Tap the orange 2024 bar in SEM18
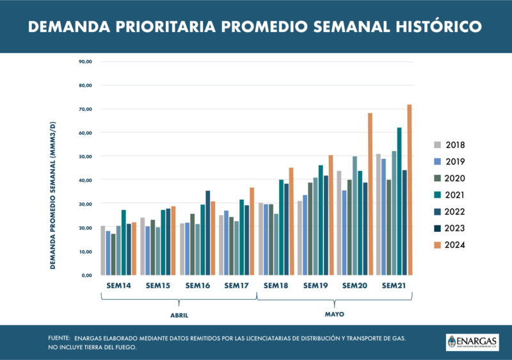[291, 221]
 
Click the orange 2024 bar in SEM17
[252, 231]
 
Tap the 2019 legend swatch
[437, 161]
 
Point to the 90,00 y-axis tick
[85, 61]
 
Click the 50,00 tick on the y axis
[85, 156]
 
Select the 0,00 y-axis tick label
[86, 275]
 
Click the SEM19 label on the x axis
[316, 285]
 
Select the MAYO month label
[335, 315]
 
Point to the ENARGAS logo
[472, 342]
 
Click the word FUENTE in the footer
[60, 338]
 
